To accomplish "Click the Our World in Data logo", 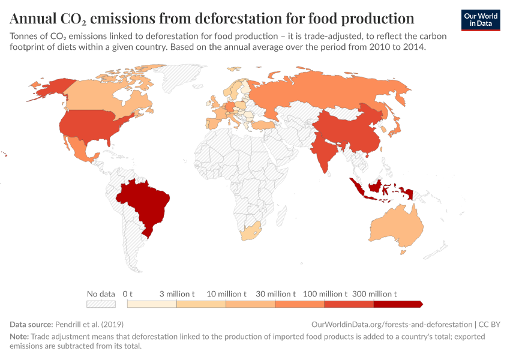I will pos(481,20).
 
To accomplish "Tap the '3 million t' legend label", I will pos(177,294).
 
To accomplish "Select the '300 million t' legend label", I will pos(374,294).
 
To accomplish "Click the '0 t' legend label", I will pos(127,294).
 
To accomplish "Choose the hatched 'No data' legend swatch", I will pos(101,304).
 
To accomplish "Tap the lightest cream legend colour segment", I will pos(152,304).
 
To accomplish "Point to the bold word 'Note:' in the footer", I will pos(19,337).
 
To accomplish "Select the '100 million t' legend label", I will pos(325,294).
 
